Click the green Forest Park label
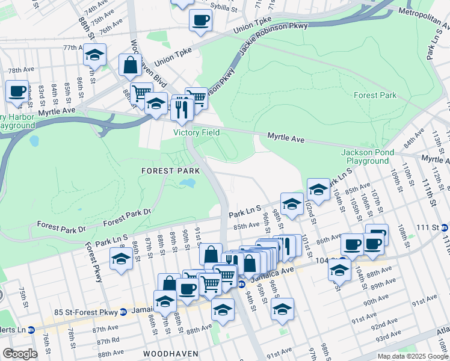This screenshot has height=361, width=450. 374,95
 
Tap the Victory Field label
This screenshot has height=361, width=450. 196,132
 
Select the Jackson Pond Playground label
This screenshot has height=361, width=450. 365,156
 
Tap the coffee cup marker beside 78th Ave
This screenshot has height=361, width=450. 17,91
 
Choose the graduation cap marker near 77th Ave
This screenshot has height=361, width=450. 94,55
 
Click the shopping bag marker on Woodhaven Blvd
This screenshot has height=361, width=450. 130,65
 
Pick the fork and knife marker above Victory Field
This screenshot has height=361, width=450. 182,108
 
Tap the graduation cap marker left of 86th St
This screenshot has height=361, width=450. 122,259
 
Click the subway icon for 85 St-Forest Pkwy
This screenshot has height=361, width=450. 123,312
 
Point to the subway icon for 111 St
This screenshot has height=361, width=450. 444,227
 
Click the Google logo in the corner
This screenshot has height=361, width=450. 20,353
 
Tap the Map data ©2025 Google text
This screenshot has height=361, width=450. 412,356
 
